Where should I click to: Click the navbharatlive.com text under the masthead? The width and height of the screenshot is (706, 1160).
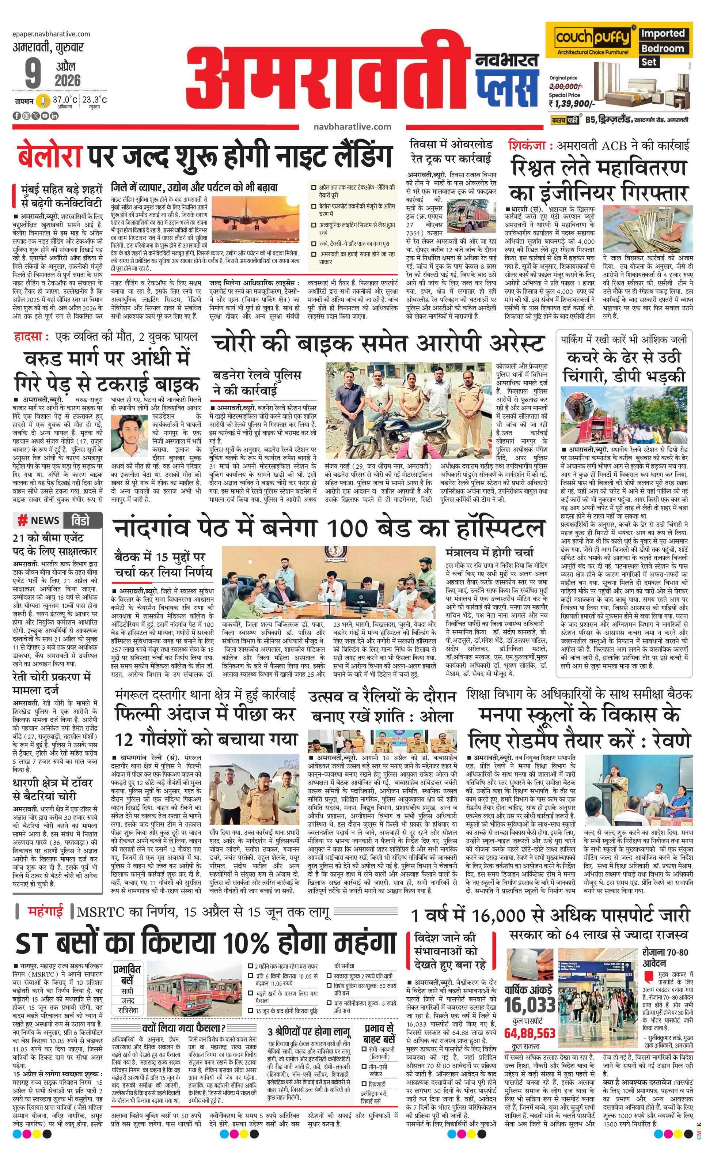coord(352,126)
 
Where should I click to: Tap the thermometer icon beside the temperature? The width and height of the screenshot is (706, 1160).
coord(44,101)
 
